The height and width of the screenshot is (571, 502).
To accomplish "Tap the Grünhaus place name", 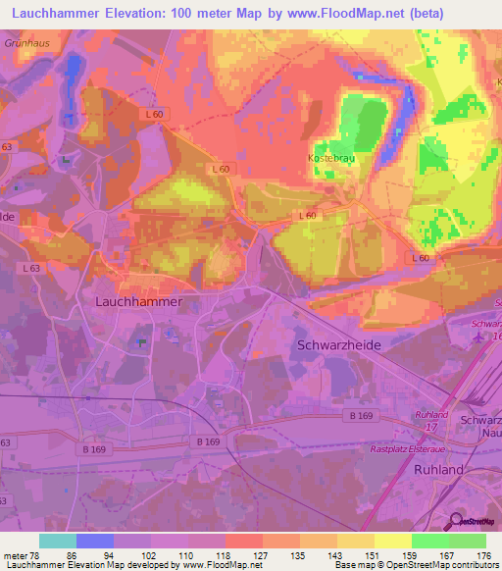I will (26, 44).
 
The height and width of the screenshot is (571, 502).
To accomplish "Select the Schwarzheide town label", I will (338, 345).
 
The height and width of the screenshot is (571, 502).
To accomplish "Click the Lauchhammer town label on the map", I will (138, 302).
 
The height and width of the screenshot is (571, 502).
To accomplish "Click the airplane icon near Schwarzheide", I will (477, 337).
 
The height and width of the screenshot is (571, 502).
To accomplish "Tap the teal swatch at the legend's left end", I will (58, 541).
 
